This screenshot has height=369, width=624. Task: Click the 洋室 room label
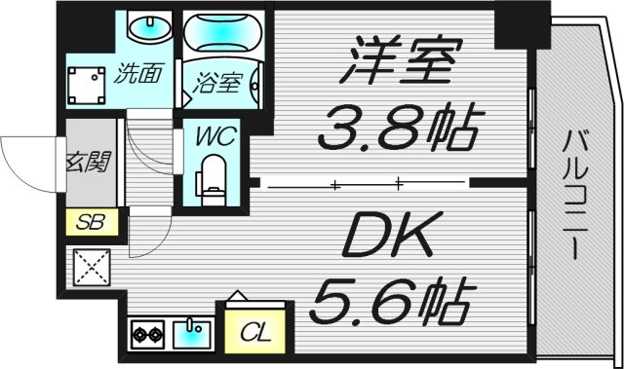point(399,62)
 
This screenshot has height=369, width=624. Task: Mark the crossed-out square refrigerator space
point(93,268)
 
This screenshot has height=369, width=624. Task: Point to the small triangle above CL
point(235,296)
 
